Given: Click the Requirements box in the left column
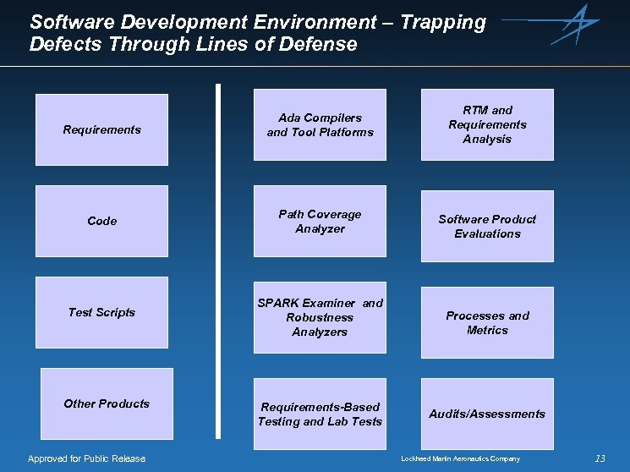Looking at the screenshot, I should click(102, 129).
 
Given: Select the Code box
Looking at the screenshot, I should click(102, 221).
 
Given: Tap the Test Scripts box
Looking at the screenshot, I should click(102, 312).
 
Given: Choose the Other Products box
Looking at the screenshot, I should click(107, 403).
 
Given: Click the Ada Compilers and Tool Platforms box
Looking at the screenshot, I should click(320, 124).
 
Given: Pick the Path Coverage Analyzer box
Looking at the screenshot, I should click(320, 221).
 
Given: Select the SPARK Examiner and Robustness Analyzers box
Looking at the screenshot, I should click(320, 317).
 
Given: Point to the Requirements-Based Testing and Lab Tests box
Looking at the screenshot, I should click(320, 414).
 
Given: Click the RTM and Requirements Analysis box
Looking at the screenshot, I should click(487, 124).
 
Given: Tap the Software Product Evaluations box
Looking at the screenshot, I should click(487, 226).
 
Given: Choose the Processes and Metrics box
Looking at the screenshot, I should click(487, 322).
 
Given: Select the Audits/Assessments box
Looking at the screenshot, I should click(487, 414).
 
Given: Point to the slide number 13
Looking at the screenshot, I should click(600, 458).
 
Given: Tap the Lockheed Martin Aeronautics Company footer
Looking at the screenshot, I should click(460, 458).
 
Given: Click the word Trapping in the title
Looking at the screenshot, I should click(443, 22).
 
